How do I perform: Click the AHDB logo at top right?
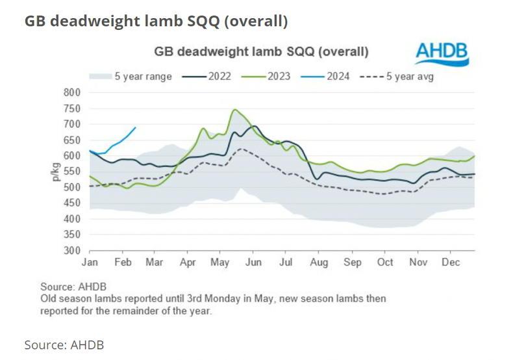click(442, 53)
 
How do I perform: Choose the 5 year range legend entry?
click(140, 76)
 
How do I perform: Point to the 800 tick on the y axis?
click(71, 92)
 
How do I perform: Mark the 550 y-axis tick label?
click(71, 172)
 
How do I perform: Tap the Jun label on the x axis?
click(254, 263)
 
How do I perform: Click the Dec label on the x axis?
click(451, 263)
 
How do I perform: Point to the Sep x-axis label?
click(353, 263)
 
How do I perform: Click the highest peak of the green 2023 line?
click(234, 109)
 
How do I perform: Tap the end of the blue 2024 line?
click(135, 127)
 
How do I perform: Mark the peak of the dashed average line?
click(241, 149)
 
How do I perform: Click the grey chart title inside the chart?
click(261, 51)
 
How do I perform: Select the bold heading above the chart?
click(156, 21)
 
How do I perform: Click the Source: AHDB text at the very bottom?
click(64, 344)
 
